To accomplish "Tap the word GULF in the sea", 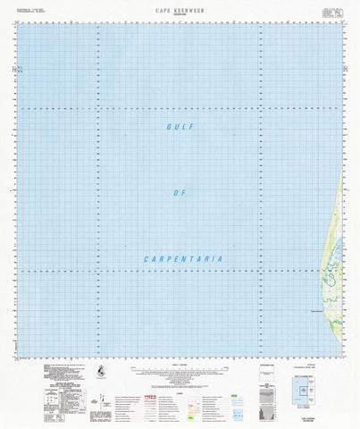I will [180, 128].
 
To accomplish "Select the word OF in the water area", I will [179, 193].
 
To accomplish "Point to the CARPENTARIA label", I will [182, 259].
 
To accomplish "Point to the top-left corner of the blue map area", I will [16, 21].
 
